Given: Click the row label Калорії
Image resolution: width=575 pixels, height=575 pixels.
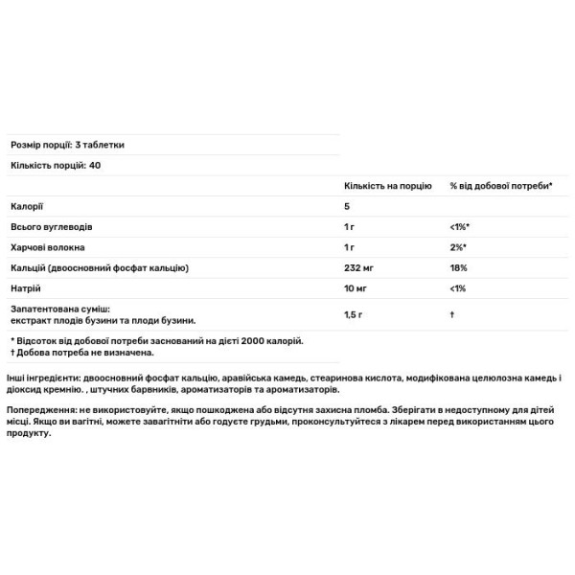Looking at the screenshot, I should (27, 206).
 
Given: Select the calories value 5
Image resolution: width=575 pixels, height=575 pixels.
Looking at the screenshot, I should (347, 206).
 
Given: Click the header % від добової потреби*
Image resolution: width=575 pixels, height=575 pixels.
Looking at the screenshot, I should (500, 184).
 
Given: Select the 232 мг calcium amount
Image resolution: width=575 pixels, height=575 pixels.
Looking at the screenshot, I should (357, 267).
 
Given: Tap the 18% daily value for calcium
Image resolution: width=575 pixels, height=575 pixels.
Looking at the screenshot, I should (458, 267).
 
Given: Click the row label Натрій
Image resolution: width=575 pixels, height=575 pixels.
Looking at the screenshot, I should (25, 288).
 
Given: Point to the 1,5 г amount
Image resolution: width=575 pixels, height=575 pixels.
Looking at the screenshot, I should (353, 315).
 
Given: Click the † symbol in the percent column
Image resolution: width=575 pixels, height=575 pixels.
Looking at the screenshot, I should (451, 315).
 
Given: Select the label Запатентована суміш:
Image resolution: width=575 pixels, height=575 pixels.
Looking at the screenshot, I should (60, 310).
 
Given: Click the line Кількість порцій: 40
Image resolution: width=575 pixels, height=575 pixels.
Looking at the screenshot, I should (56, 164).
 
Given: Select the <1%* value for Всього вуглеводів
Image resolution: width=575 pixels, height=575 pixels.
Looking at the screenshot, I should (461, 227).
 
